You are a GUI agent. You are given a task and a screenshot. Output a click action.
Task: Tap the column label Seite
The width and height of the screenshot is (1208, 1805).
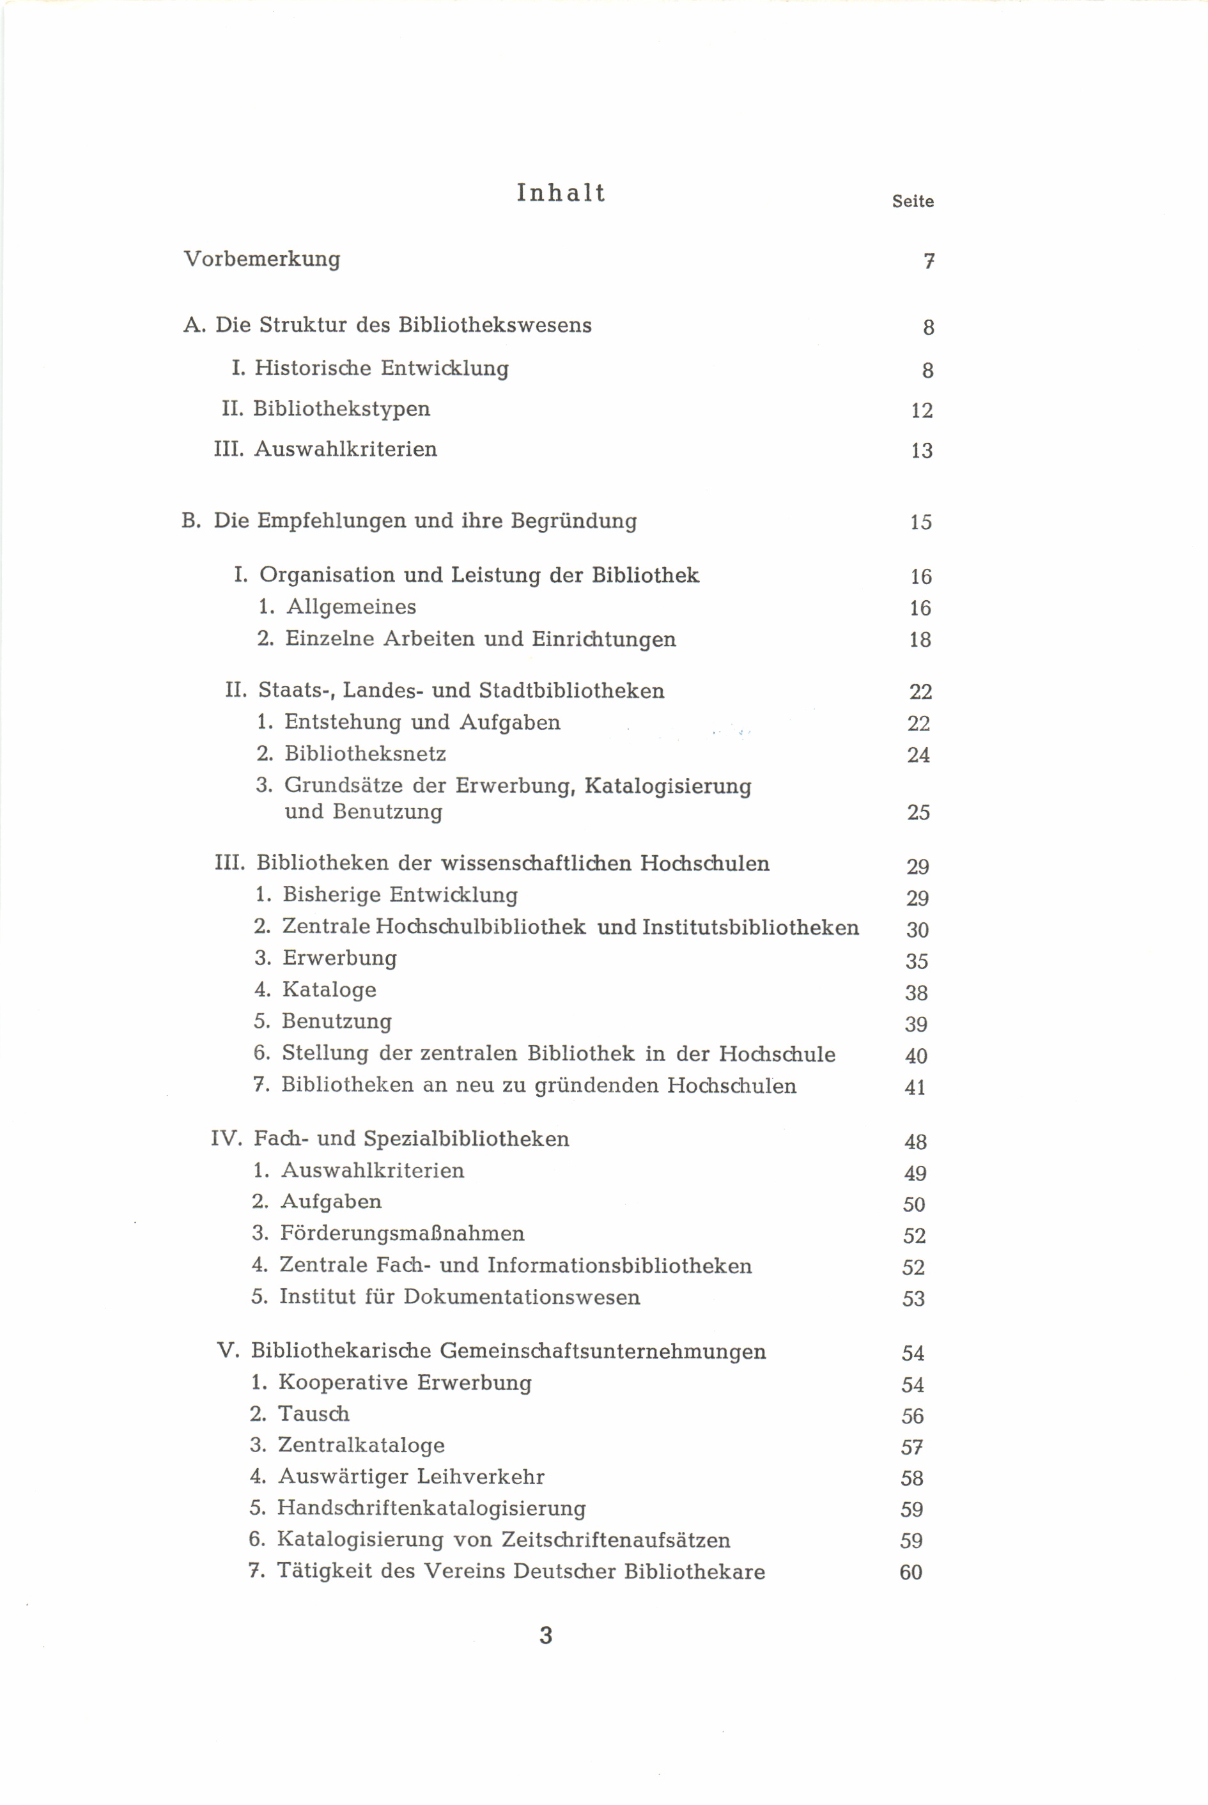[x=913, y=202]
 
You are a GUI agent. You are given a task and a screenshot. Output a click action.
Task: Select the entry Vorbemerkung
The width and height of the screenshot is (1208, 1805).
[x=262, y=259]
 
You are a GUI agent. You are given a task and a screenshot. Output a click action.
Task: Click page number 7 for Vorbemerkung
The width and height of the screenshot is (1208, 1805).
[x=929, y=262]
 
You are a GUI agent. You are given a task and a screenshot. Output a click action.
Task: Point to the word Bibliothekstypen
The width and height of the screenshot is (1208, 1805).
[x=341, y=409]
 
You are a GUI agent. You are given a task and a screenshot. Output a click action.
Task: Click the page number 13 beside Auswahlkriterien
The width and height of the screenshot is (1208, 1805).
[x=922, y=451]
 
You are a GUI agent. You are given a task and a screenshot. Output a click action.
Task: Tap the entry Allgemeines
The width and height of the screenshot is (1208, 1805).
[x=352, y=607]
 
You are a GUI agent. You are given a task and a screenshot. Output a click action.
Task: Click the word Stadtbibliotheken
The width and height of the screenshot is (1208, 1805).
[x=571, y=691]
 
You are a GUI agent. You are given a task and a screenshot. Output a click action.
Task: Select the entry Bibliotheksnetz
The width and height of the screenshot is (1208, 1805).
[x=365, y=754]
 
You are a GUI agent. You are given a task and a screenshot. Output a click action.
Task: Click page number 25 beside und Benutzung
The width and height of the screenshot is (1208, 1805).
[x=918, y=813]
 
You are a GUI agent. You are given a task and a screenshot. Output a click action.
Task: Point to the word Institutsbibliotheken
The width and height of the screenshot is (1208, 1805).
[x=750, y=927]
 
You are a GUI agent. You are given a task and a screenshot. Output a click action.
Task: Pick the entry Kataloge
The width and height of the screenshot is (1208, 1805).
[x=330, y=990]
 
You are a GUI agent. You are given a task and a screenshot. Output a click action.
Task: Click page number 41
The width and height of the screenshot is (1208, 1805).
[x=915, y=1088]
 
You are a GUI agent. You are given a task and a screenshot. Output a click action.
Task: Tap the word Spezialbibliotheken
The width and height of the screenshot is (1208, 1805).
[x=466, y=1140]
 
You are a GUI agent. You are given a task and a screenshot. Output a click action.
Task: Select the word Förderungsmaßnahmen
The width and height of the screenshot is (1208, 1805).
[x=402, y=1234]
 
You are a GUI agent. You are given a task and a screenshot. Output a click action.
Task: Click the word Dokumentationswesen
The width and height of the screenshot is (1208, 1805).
[x=522, y=1298]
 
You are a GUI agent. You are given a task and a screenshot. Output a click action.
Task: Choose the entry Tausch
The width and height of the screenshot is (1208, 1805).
[x=314, y=1414]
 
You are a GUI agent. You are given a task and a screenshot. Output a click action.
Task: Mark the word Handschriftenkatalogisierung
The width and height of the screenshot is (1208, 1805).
[x=431, y=1508]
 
